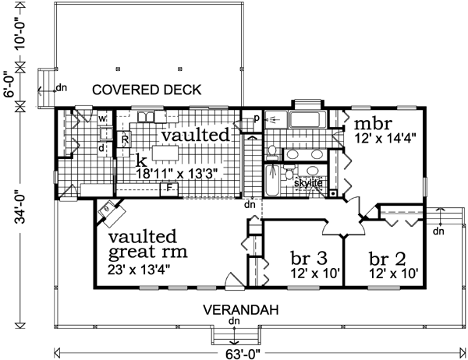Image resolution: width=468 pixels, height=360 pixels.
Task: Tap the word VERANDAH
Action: [241, 309]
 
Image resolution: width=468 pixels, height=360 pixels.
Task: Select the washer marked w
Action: [102, 118]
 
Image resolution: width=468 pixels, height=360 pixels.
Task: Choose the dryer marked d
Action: [102, 146]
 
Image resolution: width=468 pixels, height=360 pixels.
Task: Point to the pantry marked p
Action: [255, 118]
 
